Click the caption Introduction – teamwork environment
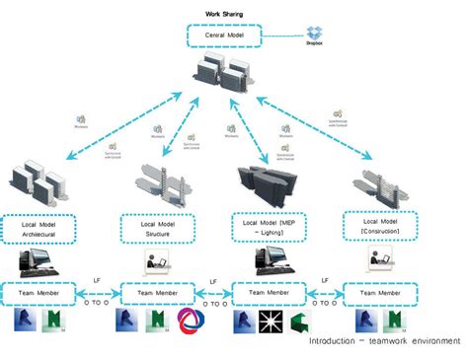(x=384, y=341)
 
